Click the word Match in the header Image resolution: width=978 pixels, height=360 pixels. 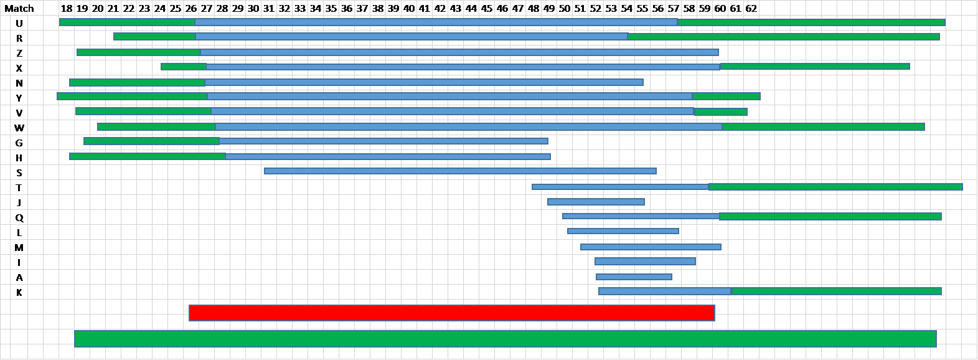click(19, 8)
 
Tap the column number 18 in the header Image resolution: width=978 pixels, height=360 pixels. click(67, 8)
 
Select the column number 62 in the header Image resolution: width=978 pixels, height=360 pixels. click(751, 8)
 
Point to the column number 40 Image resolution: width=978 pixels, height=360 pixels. click(408, 8)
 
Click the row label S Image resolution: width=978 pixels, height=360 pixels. click(19, 173)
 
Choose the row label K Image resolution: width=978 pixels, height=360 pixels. click(19, 292)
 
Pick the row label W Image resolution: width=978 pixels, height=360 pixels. click(19, 128)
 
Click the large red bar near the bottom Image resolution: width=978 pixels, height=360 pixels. click(452, 313)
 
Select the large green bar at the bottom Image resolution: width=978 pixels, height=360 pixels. click(505, 339)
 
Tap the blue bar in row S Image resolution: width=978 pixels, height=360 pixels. click(460, 171)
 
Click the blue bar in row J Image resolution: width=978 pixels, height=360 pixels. click(596, 201)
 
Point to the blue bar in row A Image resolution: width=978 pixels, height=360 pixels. click(634, 277)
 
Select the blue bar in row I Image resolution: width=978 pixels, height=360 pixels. click(645, 261)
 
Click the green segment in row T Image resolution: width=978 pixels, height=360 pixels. click(835, 187)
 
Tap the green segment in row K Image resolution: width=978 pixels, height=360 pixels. click(837, 291)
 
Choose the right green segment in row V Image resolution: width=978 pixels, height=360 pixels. click(721, 112)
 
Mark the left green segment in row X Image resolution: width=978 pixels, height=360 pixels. click(184, 67)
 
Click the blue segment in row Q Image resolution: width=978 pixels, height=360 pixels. click(641, 216)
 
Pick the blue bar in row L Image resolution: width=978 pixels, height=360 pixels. click(623, 230)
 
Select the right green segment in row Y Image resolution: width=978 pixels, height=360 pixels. click(726, 96)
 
